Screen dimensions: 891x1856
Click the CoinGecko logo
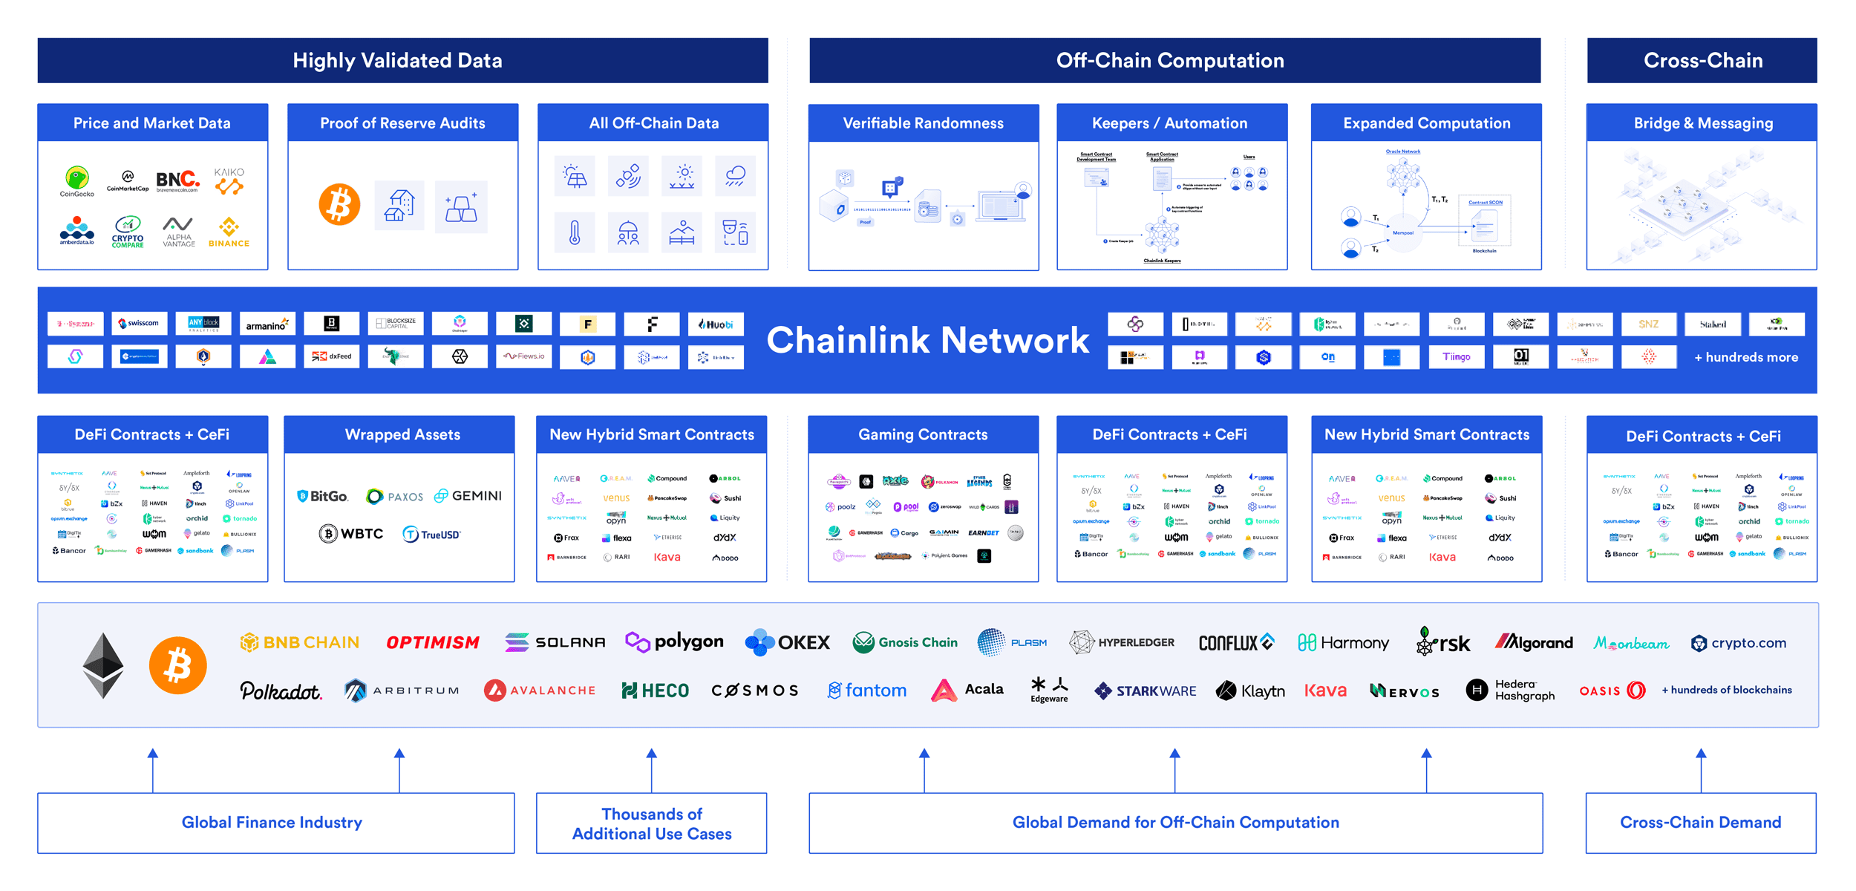tap(77, 181)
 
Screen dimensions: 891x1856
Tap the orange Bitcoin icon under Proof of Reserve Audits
tap(339, 204)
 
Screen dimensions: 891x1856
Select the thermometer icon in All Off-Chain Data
tap(575, 233)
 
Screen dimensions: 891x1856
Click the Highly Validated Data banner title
tap(397, 60)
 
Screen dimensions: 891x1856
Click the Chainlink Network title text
tap(927, 340)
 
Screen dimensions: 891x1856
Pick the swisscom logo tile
tap(140, 324)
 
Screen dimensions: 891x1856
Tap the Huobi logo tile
tap(716, 324)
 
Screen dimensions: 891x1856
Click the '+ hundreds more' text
tap(1745, 357)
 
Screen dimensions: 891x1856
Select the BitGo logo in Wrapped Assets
tap(322, 496)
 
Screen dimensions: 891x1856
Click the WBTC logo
tap(351, 534)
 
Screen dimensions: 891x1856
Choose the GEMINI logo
tap(468, 496)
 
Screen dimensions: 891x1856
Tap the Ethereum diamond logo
tap(102, 665)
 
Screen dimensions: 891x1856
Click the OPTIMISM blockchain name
tap(433, 642)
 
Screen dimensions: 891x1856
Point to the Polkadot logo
tap(281, 691)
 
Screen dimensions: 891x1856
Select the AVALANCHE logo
tap(540, 691)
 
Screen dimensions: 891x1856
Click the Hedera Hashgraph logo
tap(1510, 690)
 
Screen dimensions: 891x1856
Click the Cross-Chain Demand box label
tap(1700, 823)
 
